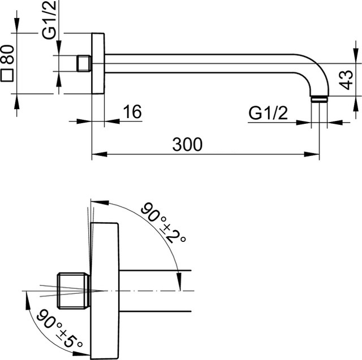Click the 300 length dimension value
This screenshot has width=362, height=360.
[187, 145]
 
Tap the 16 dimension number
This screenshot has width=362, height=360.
[132, 112]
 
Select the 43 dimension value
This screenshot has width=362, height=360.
[347, 80]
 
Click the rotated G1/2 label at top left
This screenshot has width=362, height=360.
[49, 20]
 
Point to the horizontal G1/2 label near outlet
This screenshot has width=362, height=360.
[268, 113]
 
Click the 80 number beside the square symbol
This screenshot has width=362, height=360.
[7, 54]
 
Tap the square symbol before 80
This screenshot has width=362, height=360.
[7, 75]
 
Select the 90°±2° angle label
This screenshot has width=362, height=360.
[163, 223]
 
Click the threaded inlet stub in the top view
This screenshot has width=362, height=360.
[83, 63]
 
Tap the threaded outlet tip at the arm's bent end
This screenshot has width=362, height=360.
[320, 99]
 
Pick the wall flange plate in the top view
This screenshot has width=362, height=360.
[98, 63]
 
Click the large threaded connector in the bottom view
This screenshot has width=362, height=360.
[74, 290]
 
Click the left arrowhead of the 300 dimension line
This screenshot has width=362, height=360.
[100, 154]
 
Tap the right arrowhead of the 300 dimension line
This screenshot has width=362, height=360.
[312, 154]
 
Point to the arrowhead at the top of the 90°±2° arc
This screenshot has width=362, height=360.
[100, 202]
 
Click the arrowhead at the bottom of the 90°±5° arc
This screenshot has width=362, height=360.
[81, 354]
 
